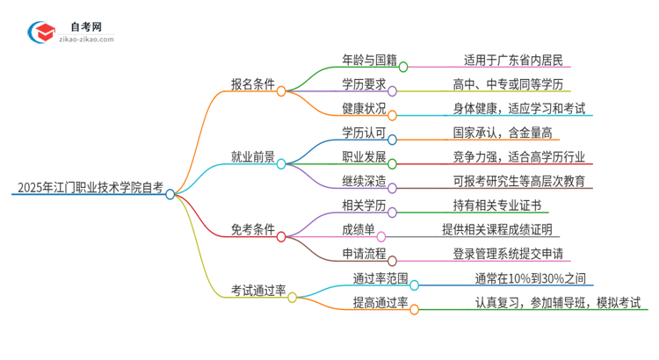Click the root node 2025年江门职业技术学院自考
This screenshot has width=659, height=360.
(88, 187)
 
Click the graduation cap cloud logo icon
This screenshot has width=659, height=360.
(41, 32)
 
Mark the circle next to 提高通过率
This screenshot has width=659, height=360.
(415, 308)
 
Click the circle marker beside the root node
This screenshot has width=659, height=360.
(170, 194)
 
